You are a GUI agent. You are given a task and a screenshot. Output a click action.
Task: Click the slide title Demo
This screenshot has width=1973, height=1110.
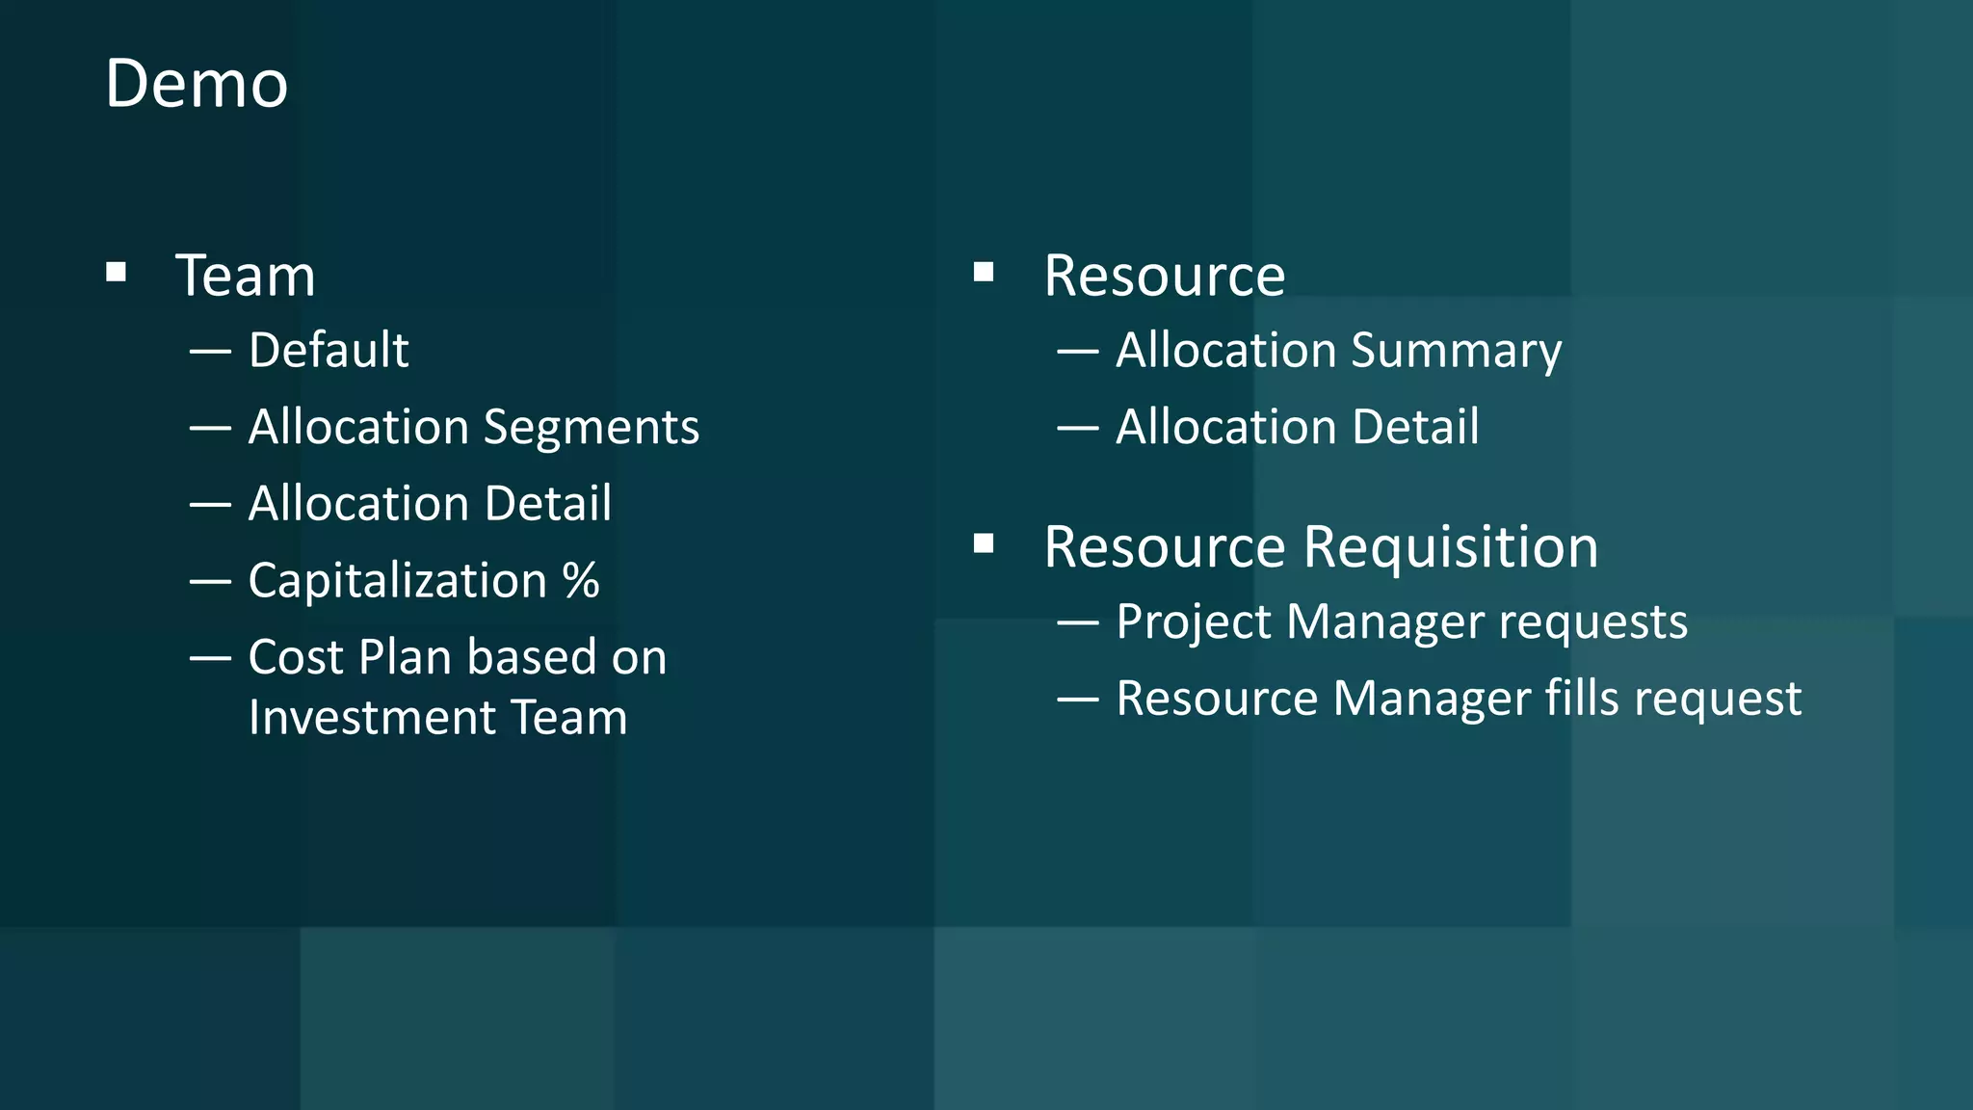pyautogui.click(x=197, y=84)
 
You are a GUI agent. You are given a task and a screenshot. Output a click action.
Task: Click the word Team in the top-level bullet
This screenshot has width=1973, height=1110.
pyautogui.click(x=245, y=277)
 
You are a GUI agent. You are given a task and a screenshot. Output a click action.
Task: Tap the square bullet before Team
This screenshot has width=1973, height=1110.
pyautogui.click(x=117, y=273)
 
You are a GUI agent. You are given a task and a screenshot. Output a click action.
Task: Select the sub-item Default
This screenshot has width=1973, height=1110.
pyautogui.click(x=329, y=350)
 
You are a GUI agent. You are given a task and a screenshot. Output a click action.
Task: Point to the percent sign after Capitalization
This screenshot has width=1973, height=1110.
pyautogui.click(x=581, y=580)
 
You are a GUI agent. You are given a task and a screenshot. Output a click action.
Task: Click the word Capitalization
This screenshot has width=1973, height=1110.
pyautogui.click(x=398, y=581)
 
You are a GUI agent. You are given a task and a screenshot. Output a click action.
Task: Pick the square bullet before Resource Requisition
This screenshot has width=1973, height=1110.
pyautogui.click(x=984, y=544)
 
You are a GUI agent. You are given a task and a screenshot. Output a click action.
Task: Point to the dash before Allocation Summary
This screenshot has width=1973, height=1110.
pyautogui.click(x=1077, y=352)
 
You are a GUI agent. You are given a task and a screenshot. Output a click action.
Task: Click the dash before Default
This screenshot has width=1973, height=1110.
pyautogui.click(x=210, y=352)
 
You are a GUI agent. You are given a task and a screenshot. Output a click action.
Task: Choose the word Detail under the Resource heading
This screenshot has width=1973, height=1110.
pyautogui.click(x=1415, y=427)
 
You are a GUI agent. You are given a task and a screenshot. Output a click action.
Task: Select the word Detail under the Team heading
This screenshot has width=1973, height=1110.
pyautogui.click(x=548, y=504)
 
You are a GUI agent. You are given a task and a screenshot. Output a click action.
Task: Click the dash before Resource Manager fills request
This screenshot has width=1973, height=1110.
pyautogui.click(x=1077, y=700)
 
